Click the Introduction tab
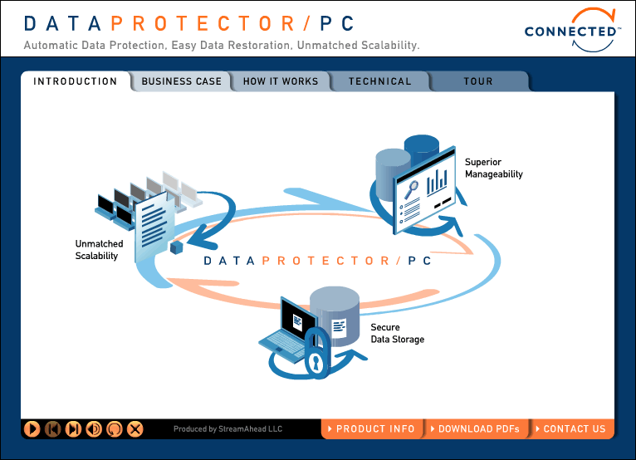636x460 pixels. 76,81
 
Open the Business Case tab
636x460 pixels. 181,81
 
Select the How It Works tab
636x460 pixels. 281,81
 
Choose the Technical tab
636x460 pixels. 380,81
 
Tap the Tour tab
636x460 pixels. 478,81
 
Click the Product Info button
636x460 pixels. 372,428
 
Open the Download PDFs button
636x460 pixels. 476,428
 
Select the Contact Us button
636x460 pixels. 571,428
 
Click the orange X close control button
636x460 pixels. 135,428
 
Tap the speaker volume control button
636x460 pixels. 94,428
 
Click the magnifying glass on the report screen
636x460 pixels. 410,190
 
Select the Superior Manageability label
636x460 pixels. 494,168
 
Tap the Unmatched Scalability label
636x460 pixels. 99,249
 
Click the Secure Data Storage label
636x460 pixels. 398,333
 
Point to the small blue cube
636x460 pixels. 177,247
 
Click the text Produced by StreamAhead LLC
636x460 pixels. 227,428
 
